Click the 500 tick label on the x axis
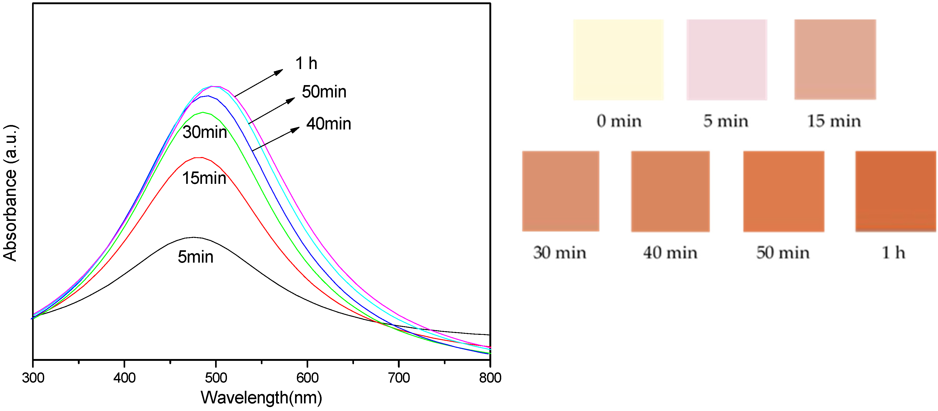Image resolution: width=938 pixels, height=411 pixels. (216, 378)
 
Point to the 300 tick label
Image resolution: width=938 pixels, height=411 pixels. (33, 378)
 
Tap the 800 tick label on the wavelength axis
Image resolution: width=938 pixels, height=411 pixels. (490, 378)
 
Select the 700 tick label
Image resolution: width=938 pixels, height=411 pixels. (399, 378)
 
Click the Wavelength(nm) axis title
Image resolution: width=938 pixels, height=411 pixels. (261, 398)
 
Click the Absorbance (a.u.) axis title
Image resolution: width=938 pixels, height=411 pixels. (10, 193)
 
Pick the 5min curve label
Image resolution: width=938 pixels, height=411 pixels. (196, 257)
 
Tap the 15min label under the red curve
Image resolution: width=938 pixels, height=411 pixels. (204, 178)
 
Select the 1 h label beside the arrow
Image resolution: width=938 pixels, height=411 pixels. (306, 63)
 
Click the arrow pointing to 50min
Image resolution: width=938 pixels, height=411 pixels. (272, 111)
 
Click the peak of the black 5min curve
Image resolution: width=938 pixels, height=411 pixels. (193, 237)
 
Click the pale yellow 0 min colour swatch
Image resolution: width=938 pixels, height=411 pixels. (618, 60)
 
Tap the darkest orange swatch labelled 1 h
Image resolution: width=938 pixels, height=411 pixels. (895, 191)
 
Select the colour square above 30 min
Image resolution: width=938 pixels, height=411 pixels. (560, 191)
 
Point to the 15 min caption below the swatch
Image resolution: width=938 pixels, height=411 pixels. (834, 121)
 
